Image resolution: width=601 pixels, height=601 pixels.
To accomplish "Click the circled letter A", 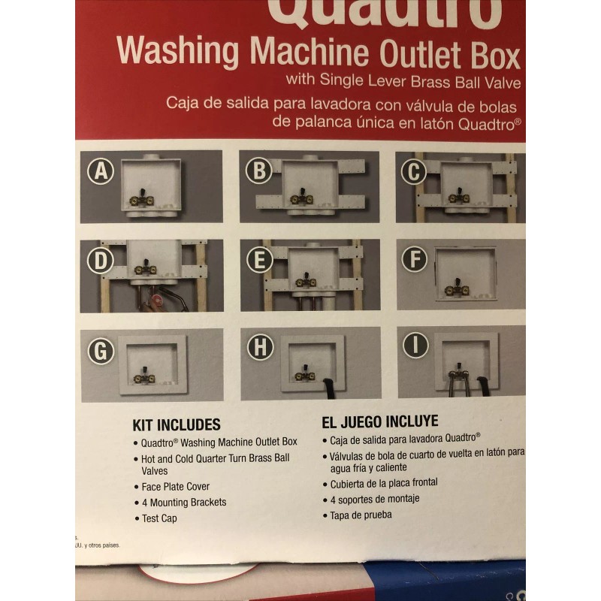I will coord(101,172).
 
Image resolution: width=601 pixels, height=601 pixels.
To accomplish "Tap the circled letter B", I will coord(258,172).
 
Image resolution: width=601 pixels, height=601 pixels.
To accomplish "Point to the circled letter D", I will coord(101,260).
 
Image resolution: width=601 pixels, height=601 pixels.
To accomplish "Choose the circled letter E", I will coord(258,260).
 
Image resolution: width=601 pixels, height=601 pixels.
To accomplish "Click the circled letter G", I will coord(101,349).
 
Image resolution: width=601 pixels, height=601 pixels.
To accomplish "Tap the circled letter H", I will coord(258,348).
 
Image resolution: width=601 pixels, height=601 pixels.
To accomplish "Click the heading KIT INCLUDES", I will coord(177,424).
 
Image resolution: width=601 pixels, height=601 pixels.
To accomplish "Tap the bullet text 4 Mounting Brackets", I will coord(184,502).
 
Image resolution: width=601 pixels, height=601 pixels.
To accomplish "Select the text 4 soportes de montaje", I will coord(371,499).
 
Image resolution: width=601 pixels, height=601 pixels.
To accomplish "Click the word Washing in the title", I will coord(177,53).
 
